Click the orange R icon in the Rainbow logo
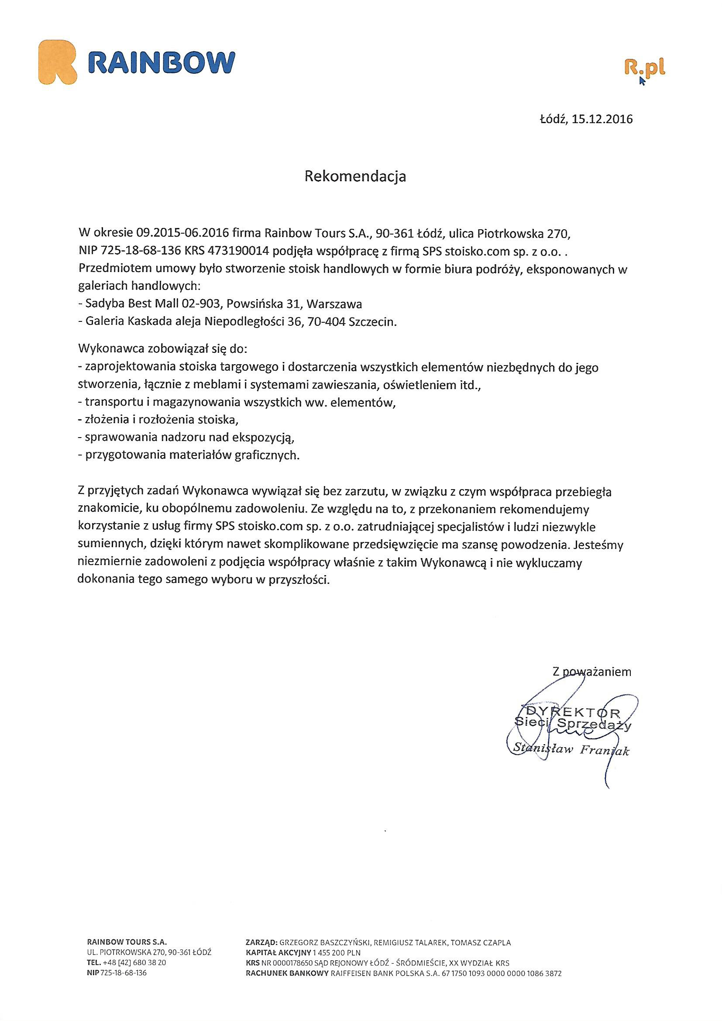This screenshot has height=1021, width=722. point(58,62)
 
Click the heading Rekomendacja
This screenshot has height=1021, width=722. point(355,176)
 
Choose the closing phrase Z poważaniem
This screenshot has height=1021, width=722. point(591,672)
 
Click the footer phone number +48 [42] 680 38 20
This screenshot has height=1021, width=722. point(134,962)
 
